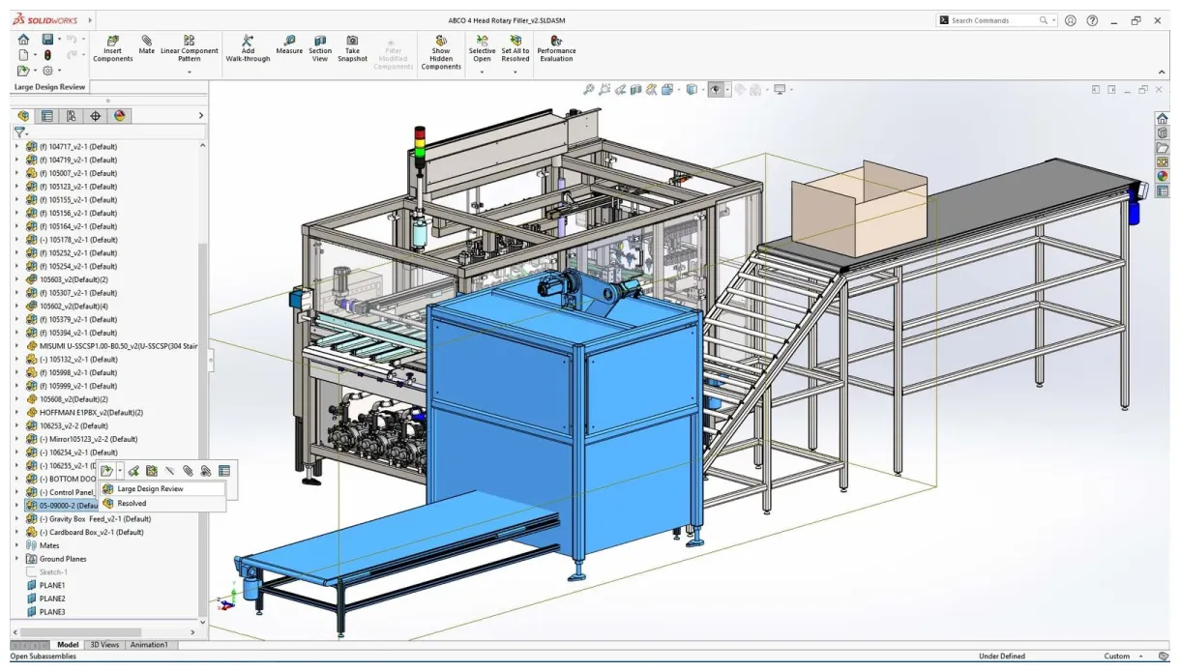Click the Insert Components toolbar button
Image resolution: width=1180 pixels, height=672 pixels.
click(x=112, y=48)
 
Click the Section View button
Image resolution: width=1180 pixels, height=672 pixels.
click(x=320, y=48)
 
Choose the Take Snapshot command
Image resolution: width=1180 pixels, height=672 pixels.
click(x=352, y=48)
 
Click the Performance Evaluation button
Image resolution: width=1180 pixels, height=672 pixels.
click(x=556, y=48)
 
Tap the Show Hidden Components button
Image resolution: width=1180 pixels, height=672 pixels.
click(x=441, y=52)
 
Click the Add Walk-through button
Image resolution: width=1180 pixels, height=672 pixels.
click(x=248, y=48)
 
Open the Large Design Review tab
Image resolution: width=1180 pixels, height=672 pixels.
click(x=49, y=87)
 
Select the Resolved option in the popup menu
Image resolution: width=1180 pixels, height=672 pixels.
click(x=132, y=503)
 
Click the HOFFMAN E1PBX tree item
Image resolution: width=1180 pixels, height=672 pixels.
click(x=91, y=412)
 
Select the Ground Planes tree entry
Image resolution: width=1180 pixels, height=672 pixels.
click(x=63, y=559)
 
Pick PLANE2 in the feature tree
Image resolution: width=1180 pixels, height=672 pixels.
click(x=52, y=599)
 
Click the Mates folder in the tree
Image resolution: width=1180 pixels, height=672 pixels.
click(x=48, y=545)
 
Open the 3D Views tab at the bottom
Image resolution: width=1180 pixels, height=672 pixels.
click(x=104, y=645)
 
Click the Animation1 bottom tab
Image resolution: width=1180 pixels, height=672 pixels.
click(x=148, y=645)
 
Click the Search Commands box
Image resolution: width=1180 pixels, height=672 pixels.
click(x=991, y=20)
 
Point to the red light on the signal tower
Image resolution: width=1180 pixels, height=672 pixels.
click(x=420, y=131)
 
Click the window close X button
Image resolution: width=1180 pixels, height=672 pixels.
click(x=1158, y=20)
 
